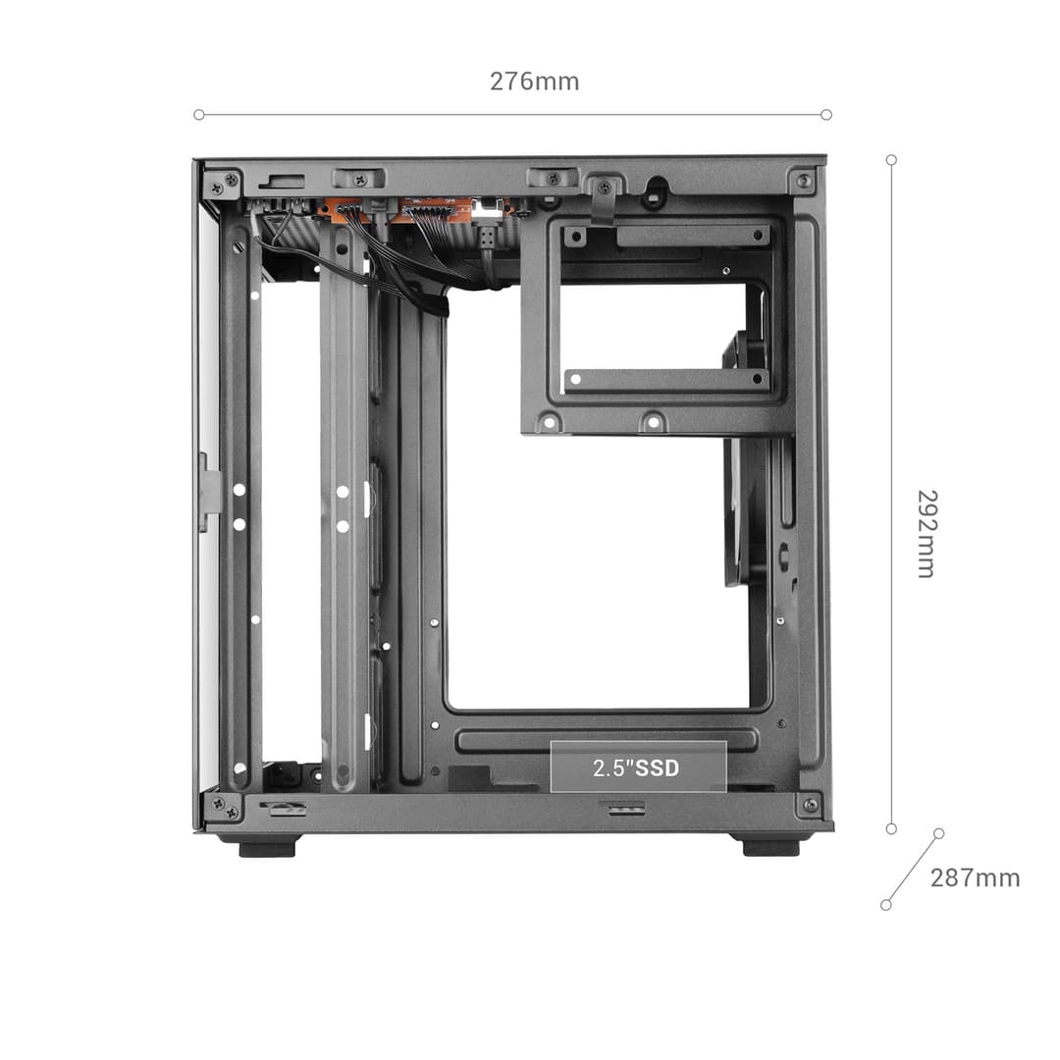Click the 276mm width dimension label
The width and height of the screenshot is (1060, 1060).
[534, 81]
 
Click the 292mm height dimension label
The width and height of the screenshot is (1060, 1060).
[927, 534]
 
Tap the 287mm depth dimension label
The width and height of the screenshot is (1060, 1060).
[975, 877]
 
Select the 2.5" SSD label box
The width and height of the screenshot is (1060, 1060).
[638, 767]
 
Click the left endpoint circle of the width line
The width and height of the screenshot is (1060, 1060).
[198, 115]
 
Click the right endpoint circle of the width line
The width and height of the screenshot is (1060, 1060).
[826, 115]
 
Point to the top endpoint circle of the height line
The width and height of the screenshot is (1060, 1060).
[891, 160]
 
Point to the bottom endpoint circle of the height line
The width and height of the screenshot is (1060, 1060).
[891, 828]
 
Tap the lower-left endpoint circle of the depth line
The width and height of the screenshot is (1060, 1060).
[886, 905]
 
